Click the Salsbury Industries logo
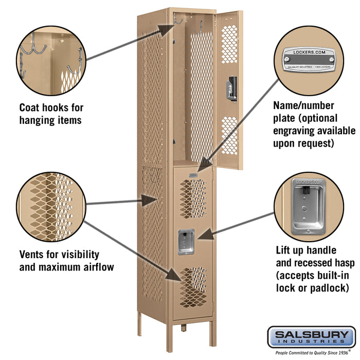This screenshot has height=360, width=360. [311, 337]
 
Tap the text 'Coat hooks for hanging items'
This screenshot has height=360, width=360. [51, 114]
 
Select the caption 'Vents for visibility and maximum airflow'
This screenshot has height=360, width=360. [67, 261]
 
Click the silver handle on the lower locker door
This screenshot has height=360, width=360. [185, 242]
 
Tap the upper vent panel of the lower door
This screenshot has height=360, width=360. [193, 197]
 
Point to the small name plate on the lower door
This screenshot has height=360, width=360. [193, 175]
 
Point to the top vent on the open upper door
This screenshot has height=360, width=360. [229, 44]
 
